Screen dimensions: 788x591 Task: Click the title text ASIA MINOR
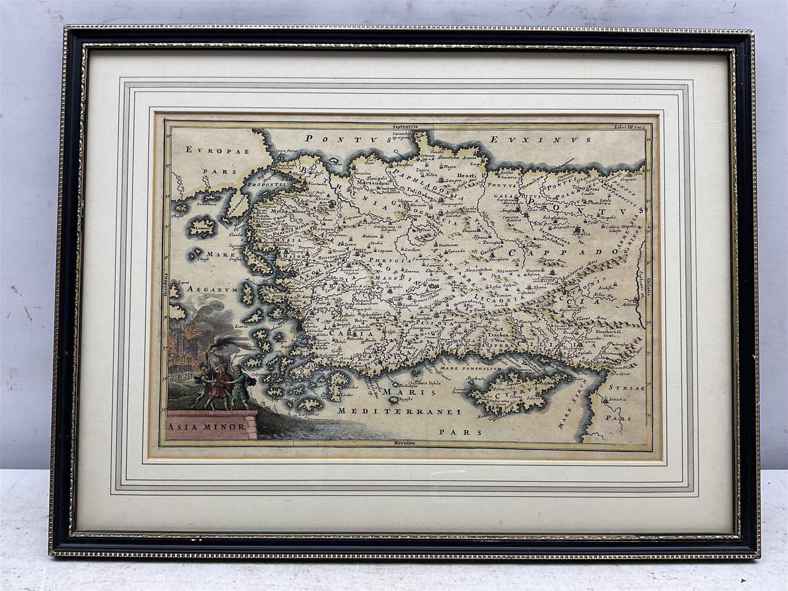click(x=205, y=425)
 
